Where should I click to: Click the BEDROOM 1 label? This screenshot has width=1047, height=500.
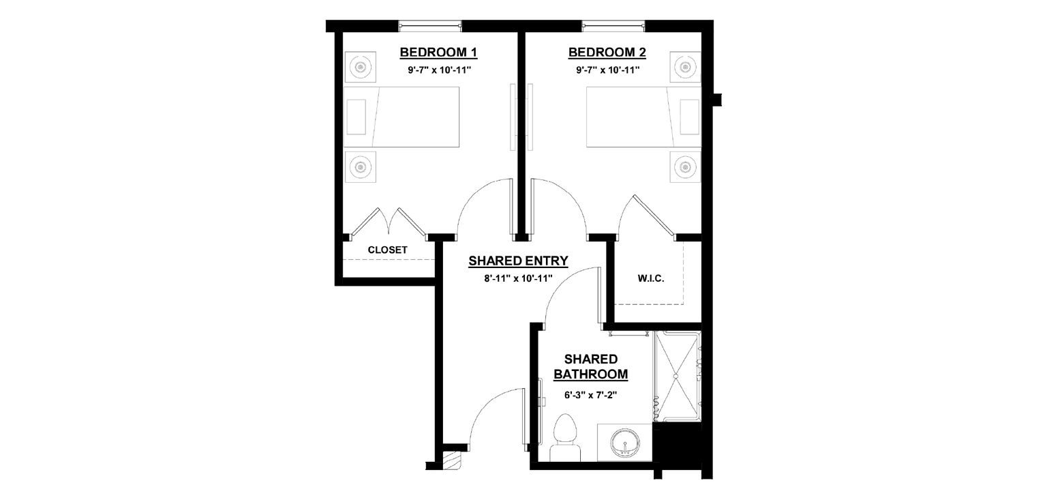pos(438,53)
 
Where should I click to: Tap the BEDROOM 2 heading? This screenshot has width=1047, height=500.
pos(607,53)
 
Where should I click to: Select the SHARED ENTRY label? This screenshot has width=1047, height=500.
pos(518,261)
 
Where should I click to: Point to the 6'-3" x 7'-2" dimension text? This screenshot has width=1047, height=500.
pos(591,395)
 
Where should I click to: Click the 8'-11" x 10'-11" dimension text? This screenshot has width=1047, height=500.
pos(518,279)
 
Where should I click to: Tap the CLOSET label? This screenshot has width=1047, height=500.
pos(387,250)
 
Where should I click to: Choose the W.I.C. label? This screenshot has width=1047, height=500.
pos(651,279)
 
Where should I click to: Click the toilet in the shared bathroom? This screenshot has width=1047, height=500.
pos(565,438)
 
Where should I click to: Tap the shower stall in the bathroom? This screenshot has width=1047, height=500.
pos(677,376)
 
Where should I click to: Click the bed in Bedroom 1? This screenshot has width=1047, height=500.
pos(401,117)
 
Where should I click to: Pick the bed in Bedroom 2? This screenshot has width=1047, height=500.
pos(643,117)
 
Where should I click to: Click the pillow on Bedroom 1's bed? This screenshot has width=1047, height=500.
pos(356,117)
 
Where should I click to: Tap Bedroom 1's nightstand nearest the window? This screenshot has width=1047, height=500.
pos(361,68)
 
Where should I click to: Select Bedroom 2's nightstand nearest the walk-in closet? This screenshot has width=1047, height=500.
pos(685,167)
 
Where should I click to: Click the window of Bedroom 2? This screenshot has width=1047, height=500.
pos(613,26)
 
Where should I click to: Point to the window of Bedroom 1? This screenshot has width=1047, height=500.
pos(430,26)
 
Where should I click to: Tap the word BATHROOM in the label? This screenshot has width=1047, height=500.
pos(591,374)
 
